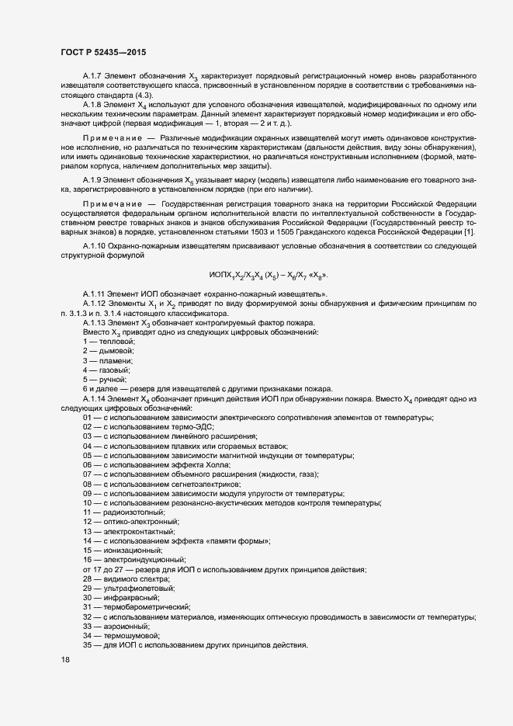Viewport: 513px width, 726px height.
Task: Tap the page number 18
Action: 64,660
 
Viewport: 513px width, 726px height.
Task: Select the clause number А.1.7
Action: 92,75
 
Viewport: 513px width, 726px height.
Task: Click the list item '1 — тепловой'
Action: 109,342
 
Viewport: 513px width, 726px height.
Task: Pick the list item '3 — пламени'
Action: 108,362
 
